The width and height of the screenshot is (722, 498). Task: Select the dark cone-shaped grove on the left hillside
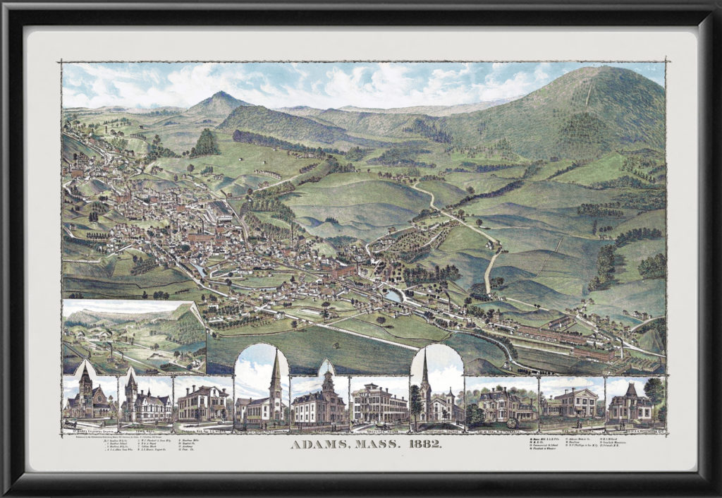point(207,143)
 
